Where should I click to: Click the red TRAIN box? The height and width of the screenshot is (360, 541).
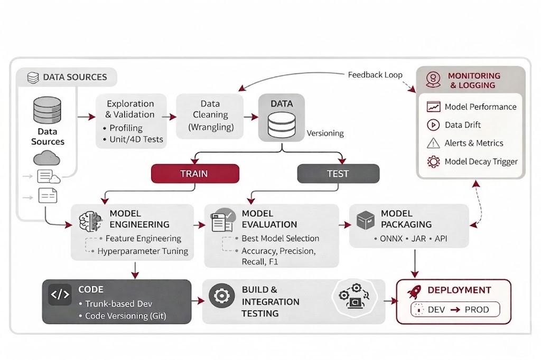[195, 173]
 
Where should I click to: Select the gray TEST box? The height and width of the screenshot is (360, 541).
[338, 173]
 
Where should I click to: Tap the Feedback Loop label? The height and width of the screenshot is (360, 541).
[375, 75]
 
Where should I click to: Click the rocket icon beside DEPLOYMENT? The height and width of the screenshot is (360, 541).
[414, 290]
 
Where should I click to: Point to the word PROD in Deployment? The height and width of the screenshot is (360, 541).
[477, 310]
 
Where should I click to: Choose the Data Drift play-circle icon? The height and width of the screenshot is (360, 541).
[433, 125]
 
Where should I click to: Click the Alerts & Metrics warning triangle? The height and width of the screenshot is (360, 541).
[433, 143]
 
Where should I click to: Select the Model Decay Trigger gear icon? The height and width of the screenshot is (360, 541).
[433, 162]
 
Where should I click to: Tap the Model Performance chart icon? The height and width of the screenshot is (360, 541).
[433, 107]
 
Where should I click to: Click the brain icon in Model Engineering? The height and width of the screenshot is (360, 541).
[89, 222]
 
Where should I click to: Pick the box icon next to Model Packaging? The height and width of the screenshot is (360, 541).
[366, 220]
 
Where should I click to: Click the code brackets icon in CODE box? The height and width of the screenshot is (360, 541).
[60, 295]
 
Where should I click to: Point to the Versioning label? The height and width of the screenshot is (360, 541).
[325, 134]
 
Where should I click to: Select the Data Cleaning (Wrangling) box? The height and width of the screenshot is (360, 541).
[210, 116]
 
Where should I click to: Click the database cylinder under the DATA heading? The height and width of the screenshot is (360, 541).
[282, 125]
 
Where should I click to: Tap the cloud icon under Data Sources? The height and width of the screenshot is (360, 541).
[46, 158]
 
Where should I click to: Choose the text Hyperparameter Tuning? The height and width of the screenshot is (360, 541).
[143, 251]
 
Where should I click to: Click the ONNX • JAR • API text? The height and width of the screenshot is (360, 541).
[413, 239]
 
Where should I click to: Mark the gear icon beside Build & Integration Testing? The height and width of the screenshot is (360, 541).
[221, 296]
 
